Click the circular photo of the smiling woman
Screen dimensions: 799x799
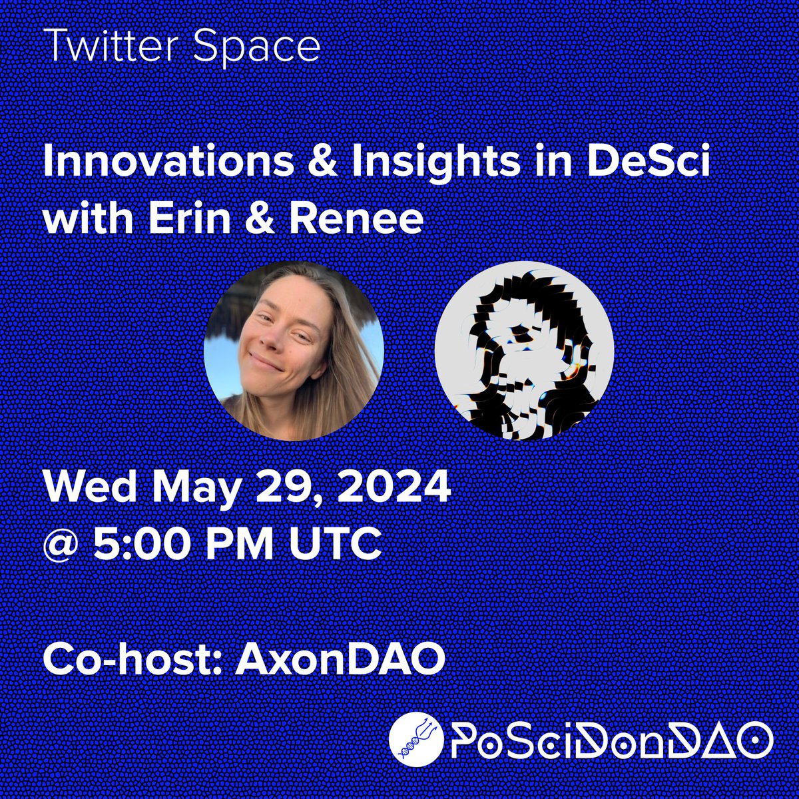(x=294, y=350)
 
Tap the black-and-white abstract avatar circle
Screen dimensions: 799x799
(x=523, y=350)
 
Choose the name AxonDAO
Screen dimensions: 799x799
(x=340, y=659)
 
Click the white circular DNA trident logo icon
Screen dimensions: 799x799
(x=416, y=739)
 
